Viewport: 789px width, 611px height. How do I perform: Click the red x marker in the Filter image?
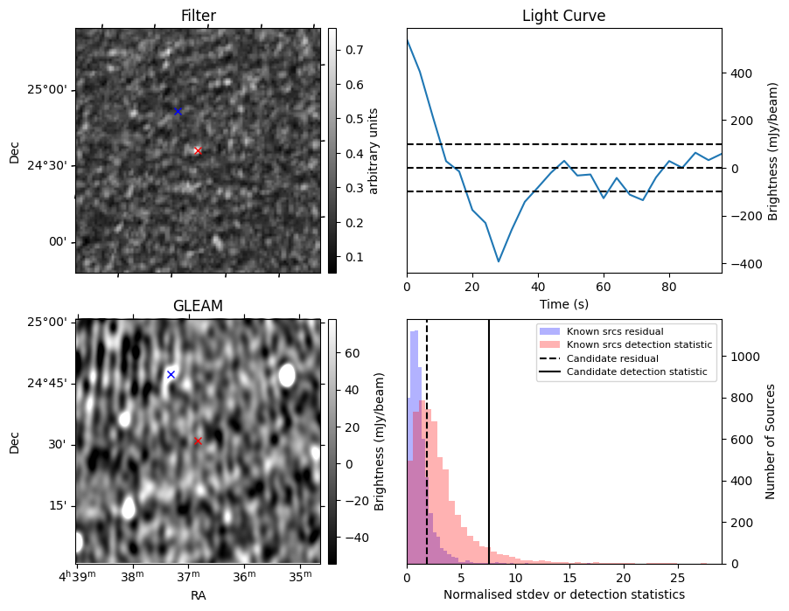[198, 151]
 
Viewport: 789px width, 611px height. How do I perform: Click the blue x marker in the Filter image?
[178, 111]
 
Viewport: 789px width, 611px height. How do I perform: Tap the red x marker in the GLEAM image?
[198, 441]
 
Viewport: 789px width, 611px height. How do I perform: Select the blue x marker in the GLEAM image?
[171, 374]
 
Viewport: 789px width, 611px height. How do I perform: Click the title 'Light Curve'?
[563, 16]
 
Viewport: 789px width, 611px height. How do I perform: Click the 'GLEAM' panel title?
[198, 306]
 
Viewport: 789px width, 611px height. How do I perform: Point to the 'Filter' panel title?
[198, 16]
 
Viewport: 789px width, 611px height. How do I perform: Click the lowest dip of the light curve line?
[499, 261]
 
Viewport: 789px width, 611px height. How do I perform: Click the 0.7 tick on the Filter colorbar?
[354, 50]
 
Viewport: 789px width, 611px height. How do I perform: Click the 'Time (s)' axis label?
[563, 303]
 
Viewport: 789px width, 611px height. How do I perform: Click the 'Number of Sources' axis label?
[771, 441]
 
